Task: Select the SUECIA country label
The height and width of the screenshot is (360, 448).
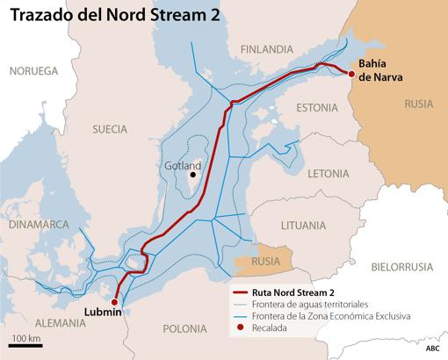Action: click(x=110, y=129)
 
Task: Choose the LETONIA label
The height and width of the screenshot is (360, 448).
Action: click(x=329, y=173)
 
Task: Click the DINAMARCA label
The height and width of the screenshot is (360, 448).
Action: click(x=38, y=225)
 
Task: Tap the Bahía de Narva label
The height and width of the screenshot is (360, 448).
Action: click(x=379, y=69)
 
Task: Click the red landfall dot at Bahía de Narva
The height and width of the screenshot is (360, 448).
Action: click(x=351, y=74)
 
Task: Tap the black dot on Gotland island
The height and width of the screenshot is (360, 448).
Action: click(x=192, y=175)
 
